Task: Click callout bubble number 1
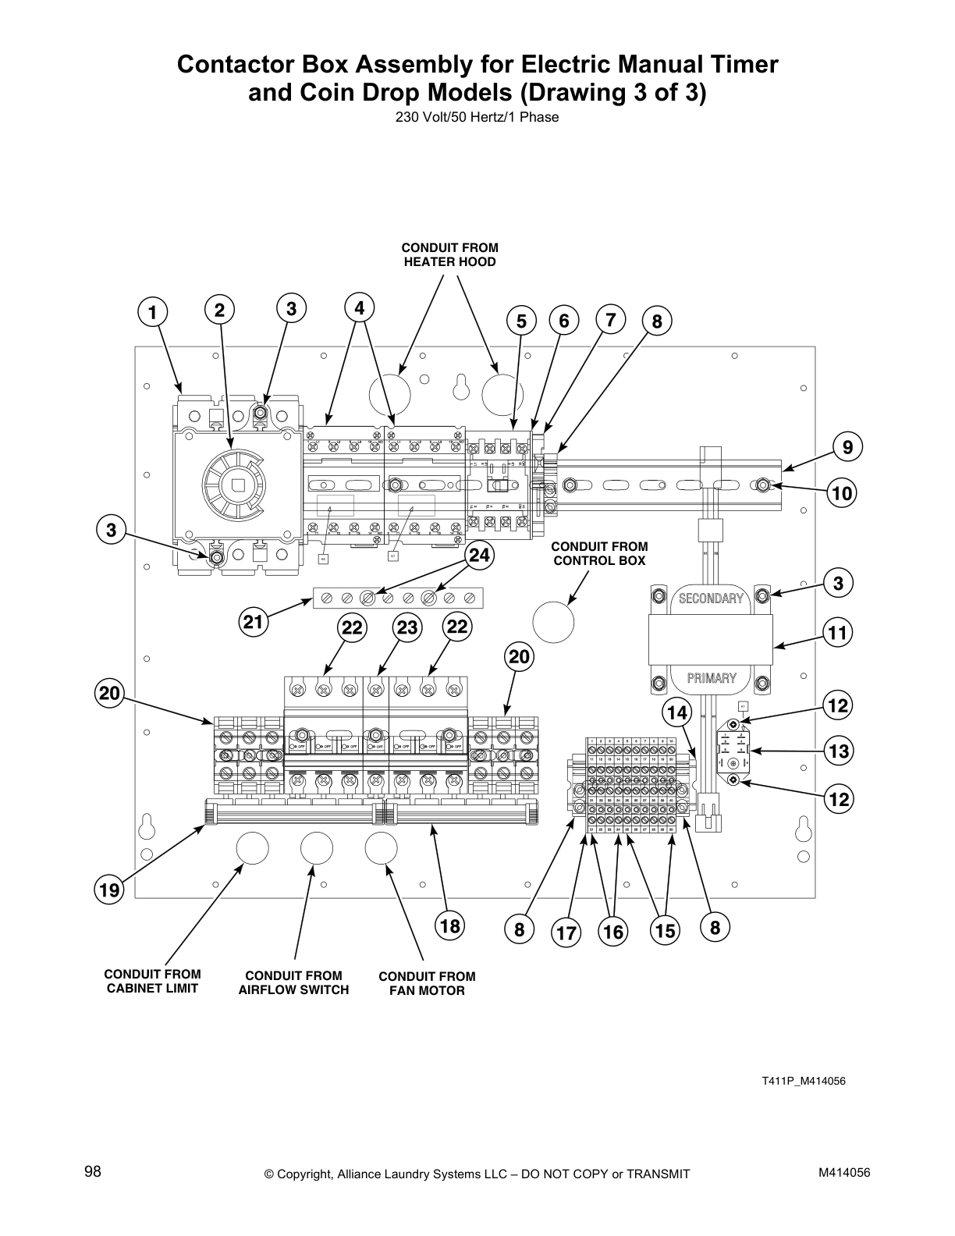154,313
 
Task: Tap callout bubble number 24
481,556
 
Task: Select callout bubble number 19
110,890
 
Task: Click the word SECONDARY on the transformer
710,598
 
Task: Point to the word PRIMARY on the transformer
711,678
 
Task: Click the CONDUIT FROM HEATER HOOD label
449,255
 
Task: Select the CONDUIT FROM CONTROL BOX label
599,553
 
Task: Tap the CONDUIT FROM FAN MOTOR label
427,983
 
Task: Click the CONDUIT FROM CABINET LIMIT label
152,981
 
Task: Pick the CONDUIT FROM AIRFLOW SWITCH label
293,982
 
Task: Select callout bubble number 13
839,751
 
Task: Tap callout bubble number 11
838,632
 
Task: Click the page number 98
93,1171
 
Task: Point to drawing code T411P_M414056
804,1081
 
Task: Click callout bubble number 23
406,627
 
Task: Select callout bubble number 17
566,933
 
